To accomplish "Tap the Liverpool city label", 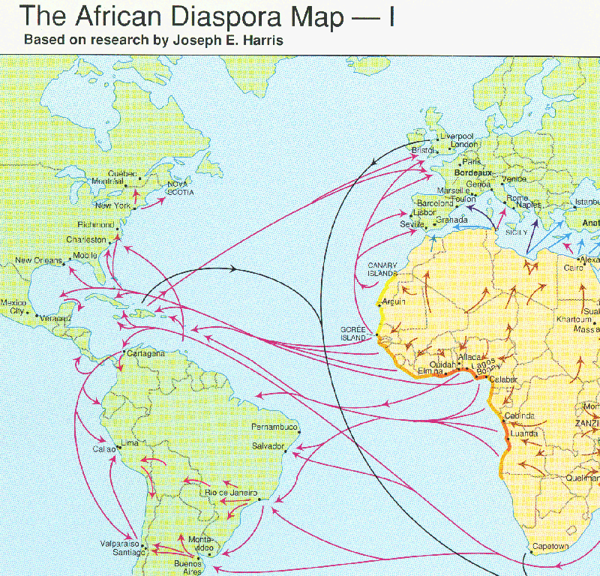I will click(457, 136).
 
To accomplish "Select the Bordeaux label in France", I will click(471, 172).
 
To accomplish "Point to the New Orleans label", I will click(38, 261).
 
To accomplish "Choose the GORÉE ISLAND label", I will click(352, 334).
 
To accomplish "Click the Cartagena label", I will click(146, 352).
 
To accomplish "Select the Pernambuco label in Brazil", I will click(274, 427).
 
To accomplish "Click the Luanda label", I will click(523, 433).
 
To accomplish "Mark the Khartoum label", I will click(574, 319).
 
